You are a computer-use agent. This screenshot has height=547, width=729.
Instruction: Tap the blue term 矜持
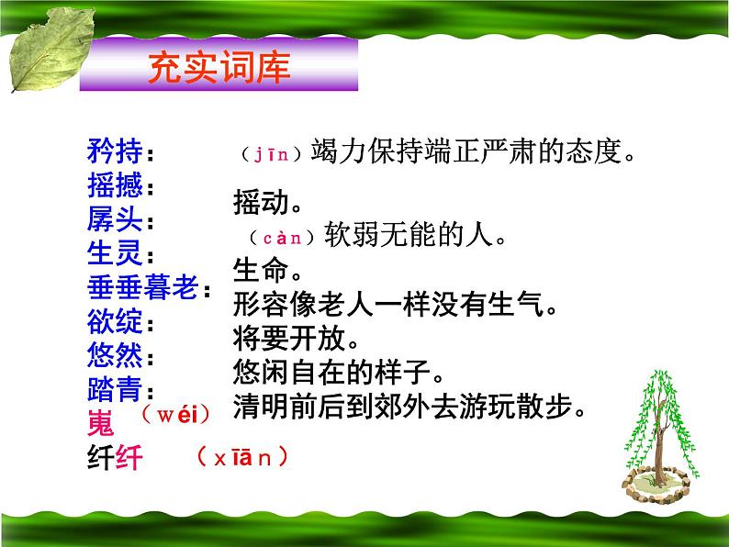pyautogui.click(x=114, y=150)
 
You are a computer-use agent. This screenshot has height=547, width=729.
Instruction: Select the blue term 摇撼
pyautogui.click(x=114, y=186)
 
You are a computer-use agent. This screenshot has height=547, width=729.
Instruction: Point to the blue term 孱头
pyautogui.click(x=114, y=220)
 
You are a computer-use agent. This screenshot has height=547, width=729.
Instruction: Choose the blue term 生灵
pyautogui.click(x=114, y=254)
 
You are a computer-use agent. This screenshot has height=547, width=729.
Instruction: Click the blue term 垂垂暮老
pyautogui.click(x=141, y=288)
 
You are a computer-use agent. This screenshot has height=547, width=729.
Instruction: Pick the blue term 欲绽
pyautogui.click(x=114, y=322)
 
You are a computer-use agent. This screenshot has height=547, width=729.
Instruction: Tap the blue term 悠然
pyautogui.click(x=114, y=355)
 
